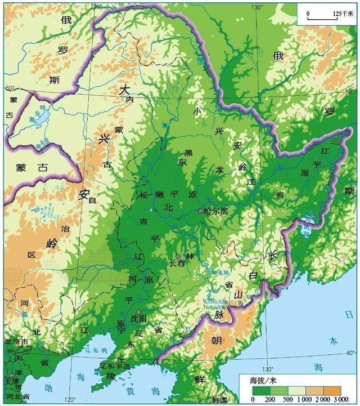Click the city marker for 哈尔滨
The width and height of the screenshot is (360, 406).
pos(201,211)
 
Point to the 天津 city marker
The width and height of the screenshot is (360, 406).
pos(12,375)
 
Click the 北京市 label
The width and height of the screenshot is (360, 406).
pos(15,342)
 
